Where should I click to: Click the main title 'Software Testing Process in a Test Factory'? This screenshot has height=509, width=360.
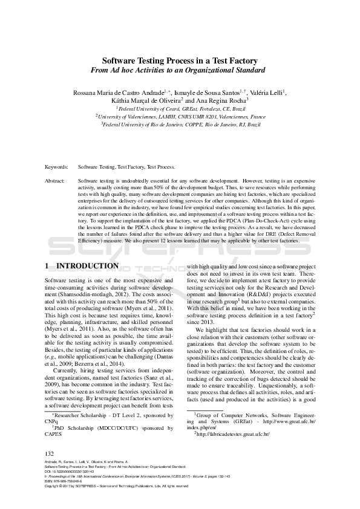(x=179, y=60)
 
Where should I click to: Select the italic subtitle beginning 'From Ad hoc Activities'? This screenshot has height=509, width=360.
(x=179, y=70)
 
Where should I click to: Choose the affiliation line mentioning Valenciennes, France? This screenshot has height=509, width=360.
(x=180, y=116)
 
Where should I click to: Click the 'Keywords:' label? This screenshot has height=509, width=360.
(x=56, y=166)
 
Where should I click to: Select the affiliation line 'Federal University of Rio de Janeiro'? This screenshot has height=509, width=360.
(x=180, y=123)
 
